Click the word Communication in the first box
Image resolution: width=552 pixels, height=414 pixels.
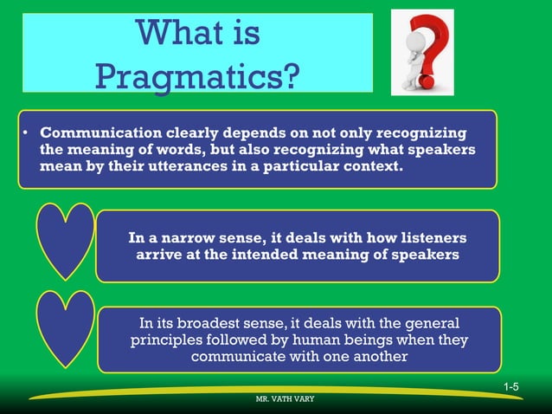(x=93, y=133)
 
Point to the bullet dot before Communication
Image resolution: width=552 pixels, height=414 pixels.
(x=27, y=133)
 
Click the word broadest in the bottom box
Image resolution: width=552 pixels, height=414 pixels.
(x=231, y=322)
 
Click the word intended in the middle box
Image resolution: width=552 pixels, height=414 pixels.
(x=257, y=255)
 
